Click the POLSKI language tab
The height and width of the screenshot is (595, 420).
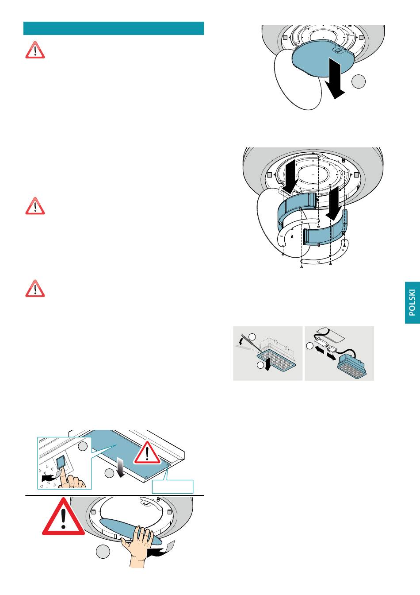click(412, 302)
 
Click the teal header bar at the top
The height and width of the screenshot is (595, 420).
click(114, 28)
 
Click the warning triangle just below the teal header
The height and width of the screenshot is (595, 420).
click(35, 50)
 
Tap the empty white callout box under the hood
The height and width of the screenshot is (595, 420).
click(172, 487)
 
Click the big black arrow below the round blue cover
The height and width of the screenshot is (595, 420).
click(335, 78)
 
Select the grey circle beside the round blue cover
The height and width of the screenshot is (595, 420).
click(359, 81)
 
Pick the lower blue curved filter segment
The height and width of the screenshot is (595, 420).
click(325, 228)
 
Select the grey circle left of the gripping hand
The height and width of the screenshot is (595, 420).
click(103, 552)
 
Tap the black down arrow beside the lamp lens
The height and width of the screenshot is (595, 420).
click(268, 363)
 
